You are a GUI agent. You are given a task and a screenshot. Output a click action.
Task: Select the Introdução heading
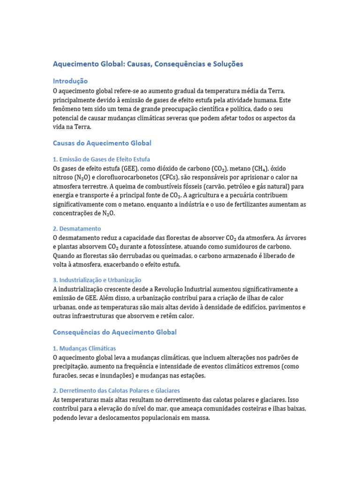pos(70,81)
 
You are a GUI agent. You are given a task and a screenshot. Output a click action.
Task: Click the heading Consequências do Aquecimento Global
pos(115,332)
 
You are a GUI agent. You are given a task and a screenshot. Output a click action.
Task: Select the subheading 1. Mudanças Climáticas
pos(84,349)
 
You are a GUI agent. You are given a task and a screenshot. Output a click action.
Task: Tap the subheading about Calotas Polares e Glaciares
pos(116,390)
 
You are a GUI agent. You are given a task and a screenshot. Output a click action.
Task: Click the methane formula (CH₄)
pos(256,168)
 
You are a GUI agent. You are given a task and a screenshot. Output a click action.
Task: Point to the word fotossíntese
pos(171,246)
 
